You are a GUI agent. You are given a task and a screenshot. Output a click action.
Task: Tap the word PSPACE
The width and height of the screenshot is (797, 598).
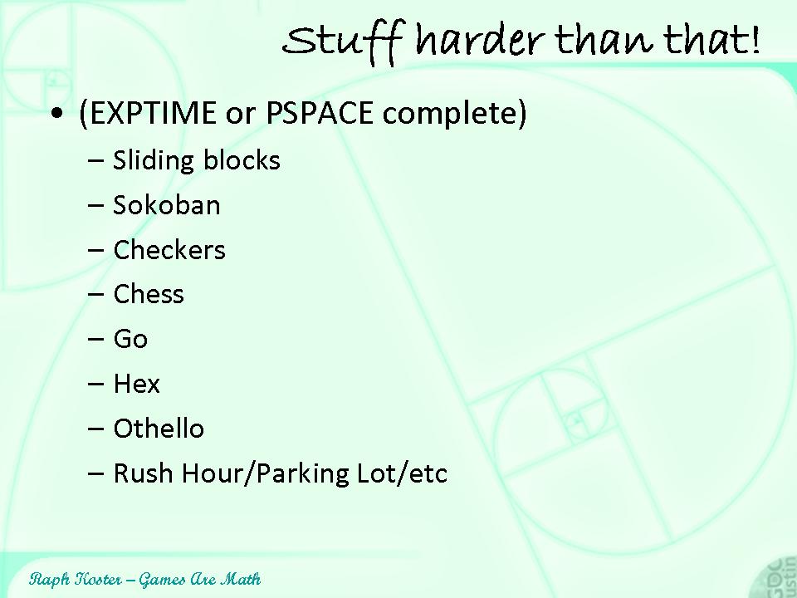(x=320, y=112)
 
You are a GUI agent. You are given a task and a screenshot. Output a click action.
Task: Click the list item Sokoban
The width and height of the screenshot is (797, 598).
(x=167, y=205)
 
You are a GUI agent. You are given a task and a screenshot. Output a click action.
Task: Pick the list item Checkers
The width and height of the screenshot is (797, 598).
(x=169, y=250)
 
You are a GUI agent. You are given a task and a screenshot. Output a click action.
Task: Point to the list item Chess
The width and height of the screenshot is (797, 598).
(x=149, y=294)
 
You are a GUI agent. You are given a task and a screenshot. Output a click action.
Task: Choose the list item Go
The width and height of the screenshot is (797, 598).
(x=130, y=339)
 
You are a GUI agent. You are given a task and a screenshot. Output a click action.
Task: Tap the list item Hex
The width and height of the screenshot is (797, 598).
(x=137, y=384)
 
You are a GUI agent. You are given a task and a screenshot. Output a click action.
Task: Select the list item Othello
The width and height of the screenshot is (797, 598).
(x=159, y=429)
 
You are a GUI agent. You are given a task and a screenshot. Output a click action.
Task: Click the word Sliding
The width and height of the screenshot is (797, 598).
(x=154, y=161)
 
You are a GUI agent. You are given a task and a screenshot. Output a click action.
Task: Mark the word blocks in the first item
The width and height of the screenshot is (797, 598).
(x=242, y=159)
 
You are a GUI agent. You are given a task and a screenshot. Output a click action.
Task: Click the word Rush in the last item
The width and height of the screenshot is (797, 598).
(x=144, y=473)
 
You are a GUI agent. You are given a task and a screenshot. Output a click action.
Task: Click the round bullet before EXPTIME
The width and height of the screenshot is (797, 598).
(x=57, y=114)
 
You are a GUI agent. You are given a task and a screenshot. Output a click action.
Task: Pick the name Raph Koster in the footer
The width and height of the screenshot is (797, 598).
(x=76, y=579)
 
